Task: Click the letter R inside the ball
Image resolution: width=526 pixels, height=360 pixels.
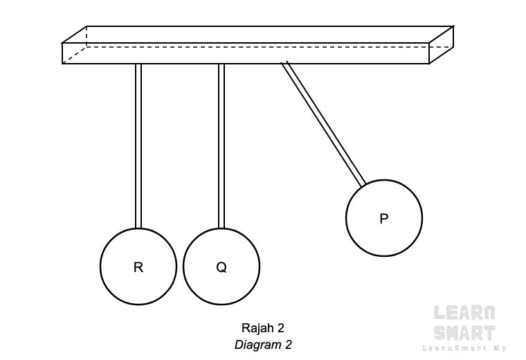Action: tap(138, 267)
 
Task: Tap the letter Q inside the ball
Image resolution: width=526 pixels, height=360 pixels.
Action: tap(221, 267)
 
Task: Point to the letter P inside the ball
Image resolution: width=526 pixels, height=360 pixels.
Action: tap(383, 219)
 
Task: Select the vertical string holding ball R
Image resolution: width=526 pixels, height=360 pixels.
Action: tap(138, 146)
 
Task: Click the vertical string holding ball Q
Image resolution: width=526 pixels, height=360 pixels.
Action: tap(221, 146)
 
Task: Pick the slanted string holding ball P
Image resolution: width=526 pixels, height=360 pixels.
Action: tap(324, 124)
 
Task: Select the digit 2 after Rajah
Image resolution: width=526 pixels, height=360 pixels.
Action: tap(280, 328)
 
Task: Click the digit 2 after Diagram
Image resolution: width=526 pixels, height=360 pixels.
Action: tap(288, 345)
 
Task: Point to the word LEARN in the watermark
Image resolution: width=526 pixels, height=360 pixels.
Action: tap(464, 313)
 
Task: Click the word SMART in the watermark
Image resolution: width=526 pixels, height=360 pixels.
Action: tap(464, 333)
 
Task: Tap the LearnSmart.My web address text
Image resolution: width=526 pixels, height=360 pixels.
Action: tap(464, 348)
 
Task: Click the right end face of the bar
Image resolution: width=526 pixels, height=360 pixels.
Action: tap(441, 45)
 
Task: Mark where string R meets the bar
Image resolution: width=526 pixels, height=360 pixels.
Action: tap(138, 64)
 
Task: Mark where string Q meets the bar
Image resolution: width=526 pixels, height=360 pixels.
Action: tap(221, 64)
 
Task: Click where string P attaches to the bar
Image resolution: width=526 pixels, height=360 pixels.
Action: tap(284, 63)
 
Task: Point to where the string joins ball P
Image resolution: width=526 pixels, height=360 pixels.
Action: tap(363, 184)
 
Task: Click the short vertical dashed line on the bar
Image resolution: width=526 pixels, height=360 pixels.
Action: tap(87, 36)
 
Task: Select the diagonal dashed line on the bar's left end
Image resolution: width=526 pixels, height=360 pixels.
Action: tap(74, 55)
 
